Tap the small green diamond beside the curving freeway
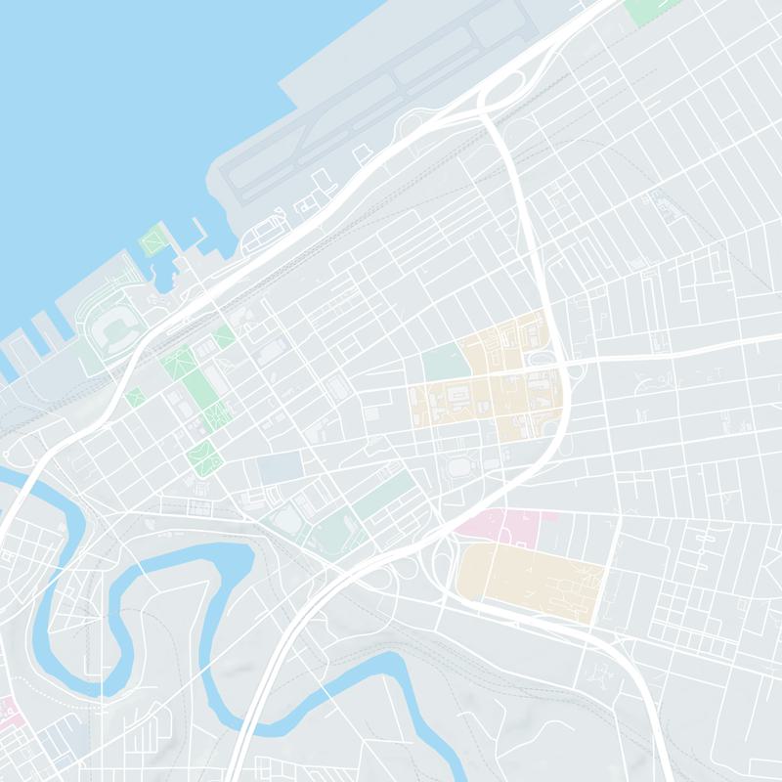click(x=135, y=397)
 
